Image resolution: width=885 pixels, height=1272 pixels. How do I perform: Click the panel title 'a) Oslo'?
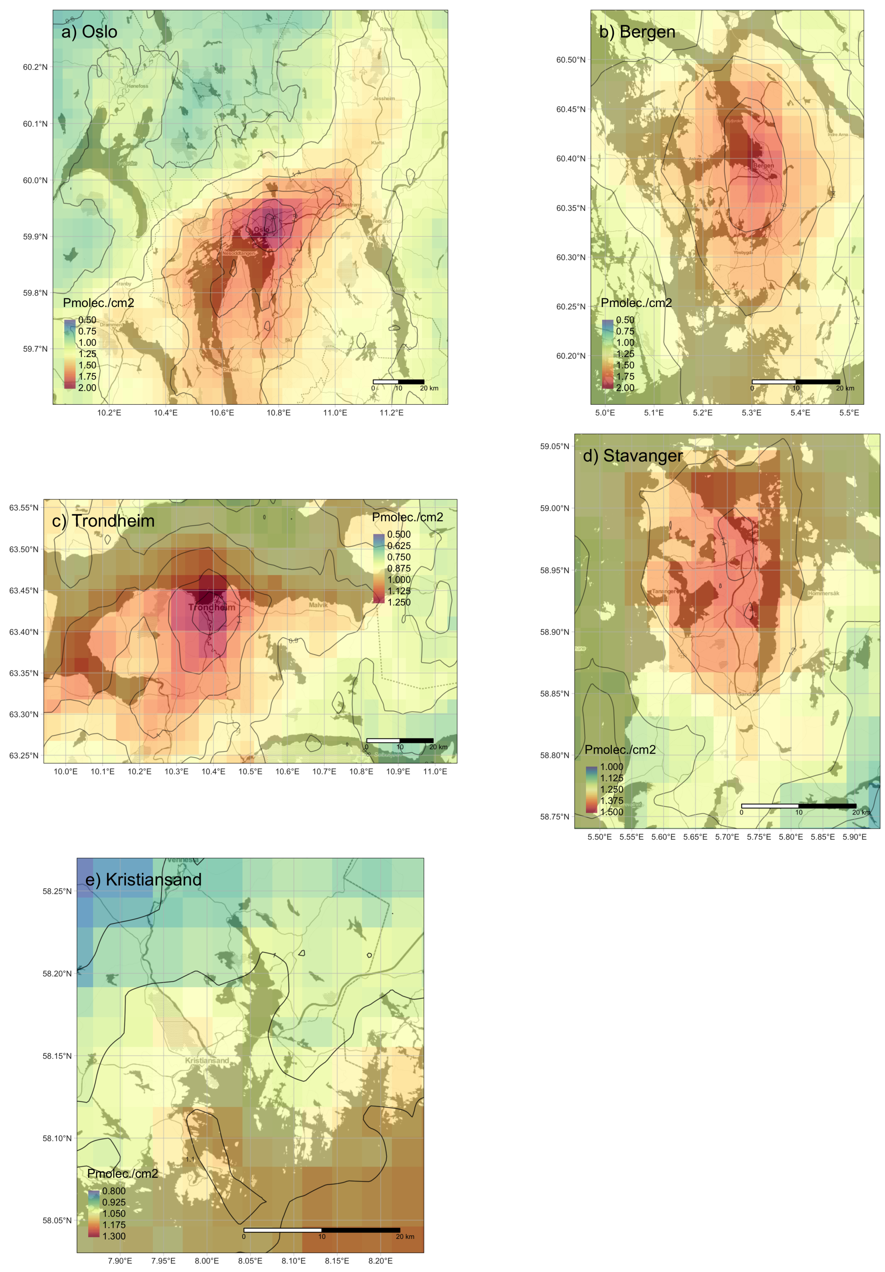[89, 32]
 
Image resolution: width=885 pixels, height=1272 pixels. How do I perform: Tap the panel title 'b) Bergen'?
[637, 32]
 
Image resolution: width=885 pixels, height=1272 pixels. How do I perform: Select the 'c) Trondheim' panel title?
[103, 521]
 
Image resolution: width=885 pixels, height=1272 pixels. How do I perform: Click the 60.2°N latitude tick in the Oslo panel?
[35, 67]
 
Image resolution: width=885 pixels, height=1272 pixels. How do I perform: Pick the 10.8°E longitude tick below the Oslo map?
[279, 413]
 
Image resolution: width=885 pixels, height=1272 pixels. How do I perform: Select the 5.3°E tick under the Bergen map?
[752, 413]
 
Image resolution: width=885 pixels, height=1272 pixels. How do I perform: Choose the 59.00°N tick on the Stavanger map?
[554, 508]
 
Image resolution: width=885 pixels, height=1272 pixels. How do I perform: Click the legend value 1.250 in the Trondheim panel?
[399, 602]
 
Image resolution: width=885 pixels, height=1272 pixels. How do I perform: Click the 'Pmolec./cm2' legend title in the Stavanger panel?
[620, 749]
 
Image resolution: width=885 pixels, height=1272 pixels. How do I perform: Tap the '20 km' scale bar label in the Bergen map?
[845, 388]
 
